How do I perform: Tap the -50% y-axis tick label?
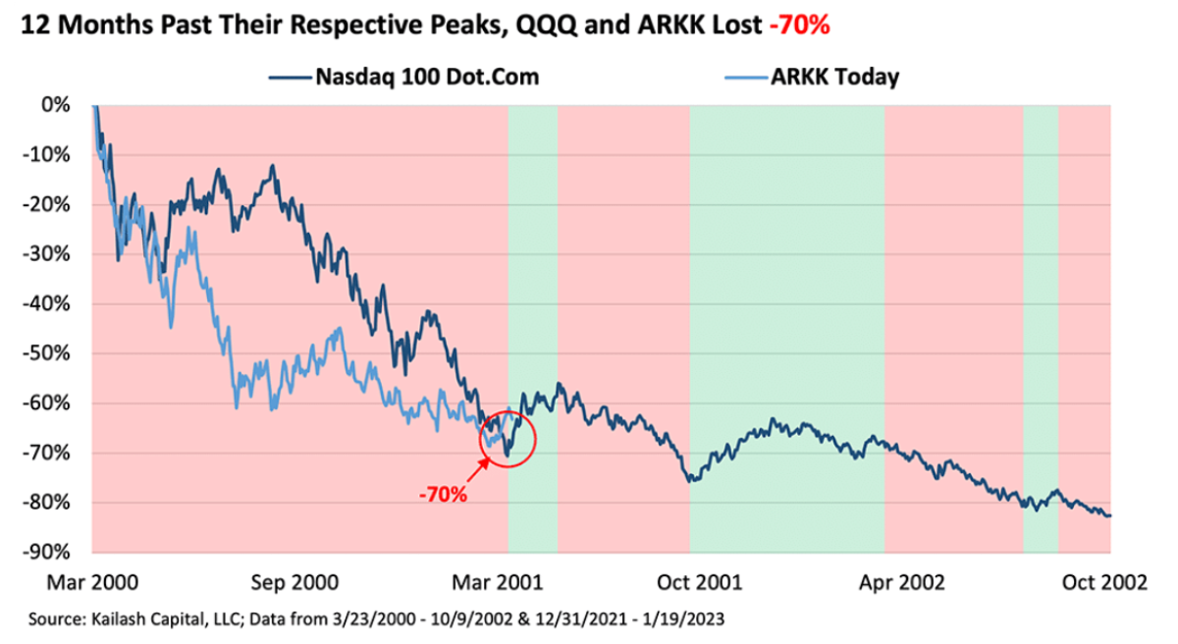point(55,353)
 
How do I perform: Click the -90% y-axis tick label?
point(55,552)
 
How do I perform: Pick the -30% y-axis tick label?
point(55,254)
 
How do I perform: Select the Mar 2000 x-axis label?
point(94,583)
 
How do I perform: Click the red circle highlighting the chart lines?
point(508,439)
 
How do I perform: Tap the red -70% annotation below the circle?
point(443,493)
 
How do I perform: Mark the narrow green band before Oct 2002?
point(1041,324)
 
